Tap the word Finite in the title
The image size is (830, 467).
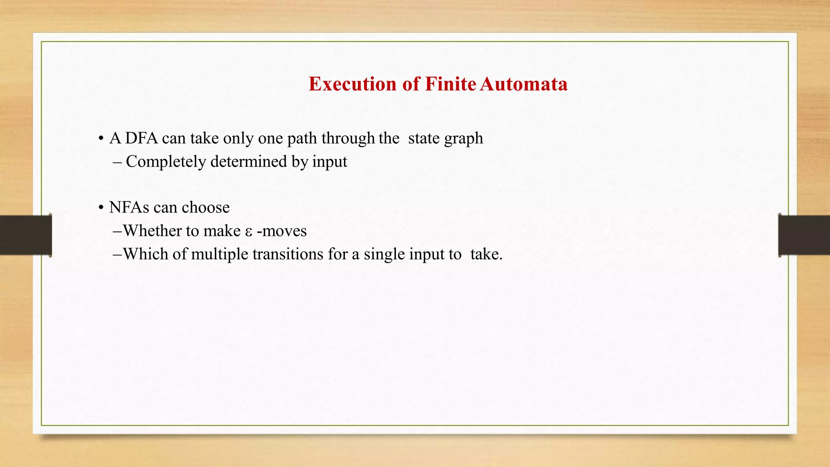pos(450,84)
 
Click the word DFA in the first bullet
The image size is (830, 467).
pos(141,139)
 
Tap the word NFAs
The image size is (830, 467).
pos(129,208)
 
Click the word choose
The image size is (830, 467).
pos(205,208)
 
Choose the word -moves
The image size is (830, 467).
pos(282,231)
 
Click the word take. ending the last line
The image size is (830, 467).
pos(486,254)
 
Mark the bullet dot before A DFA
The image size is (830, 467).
pos(101,139)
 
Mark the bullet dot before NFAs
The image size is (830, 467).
pos(101,208)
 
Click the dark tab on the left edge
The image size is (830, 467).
pos(26,235)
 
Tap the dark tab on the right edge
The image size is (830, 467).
pos(804,235)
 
